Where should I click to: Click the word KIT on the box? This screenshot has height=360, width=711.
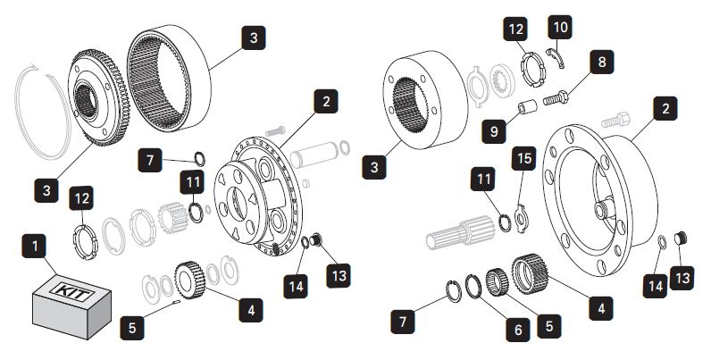coord(67,293)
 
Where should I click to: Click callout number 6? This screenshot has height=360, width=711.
coord(515,327)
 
